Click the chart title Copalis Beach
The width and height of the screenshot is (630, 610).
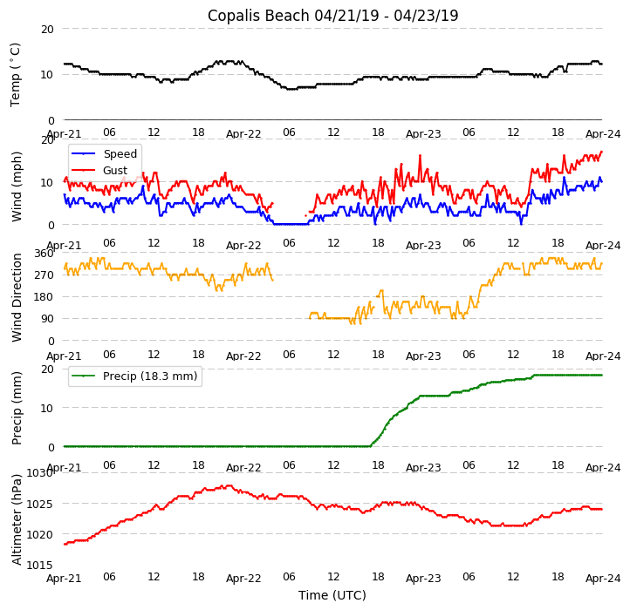[332, 16]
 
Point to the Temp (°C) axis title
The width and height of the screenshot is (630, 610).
[16, 74]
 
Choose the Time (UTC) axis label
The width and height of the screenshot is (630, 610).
[332, 595]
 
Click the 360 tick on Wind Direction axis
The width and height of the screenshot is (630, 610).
[44, 254]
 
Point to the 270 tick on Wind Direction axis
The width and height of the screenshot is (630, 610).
[44, 275]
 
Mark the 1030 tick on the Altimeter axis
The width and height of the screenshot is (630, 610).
[40, 473]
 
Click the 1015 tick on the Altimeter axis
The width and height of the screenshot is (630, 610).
[40, 566]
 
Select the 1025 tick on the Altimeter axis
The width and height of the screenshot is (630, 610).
[40, 504]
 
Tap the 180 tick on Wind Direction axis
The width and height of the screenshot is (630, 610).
[44, 297]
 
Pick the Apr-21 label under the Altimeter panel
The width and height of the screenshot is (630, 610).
[64, 578]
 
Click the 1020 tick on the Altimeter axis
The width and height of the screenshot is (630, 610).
[40, 535]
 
